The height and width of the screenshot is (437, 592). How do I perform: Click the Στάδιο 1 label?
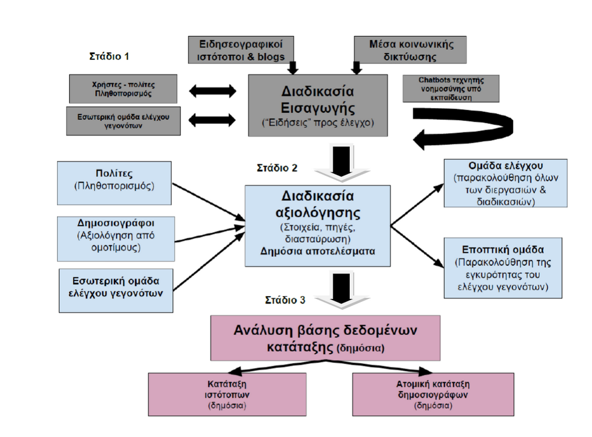109,56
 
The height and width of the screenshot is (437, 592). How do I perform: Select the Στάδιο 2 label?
277,168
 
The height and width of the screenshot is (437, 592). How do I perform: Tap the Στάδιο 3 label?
285,300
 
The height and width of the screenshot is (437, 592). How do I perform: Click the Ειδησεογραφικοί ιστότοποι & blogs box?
241,50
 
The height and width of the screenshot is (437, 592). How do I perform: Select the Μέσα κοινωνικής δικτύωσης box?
410,50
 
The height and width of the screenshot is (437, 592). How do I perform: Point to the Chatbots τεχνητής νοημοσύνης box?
451,89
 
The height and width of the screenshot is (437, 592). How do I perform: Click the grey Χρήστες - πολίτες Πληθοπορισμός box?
123,89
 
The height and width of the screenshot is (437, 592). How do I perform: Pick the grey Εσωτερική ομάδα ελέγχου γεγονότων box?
123,121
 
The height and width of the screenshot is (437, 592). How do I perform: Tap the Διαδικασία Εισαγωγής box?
318,106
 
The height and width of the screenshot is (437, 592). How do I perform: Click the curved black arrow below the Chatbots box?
466,127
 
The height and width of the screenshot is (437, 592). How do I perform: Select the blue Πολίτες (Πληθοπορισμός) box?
114,183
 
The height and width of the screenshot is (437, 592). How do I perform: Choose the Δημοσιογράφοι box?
116,239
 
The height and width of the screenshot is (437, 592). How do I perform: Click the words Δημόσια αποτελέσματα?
318,251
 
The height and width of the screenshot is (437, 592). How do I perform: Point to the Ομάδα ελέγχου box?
505,183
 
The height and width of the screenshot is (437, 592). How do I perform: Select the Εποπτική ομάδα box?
503,268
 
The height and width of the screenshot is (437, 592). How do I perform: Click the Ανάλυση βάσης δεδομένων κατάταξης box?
325,338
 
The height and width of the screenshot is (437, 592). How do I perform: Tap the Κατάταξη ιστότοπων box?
227,394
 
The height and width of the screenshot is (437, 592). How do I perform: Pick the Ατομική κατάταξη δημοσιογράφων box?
433,394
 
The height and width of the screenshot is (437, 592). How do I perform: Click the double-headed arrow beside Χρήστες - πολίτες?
212,91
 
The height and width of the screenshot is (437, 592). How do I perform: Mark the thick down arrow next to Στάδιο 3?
342,290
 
